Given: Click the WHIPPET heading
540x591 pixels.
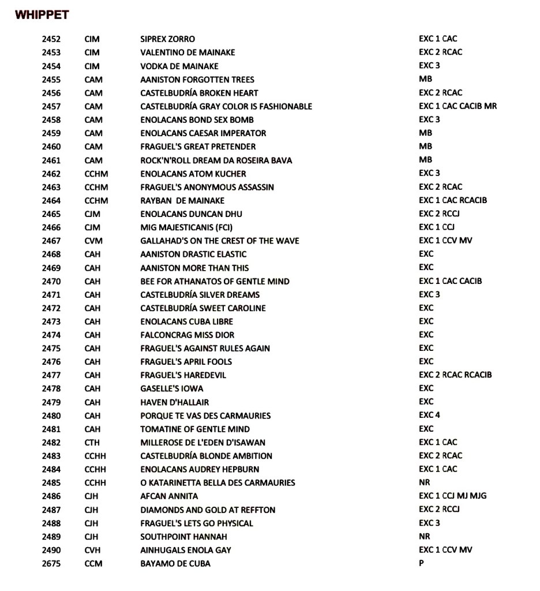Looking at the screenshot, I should coord(42,15).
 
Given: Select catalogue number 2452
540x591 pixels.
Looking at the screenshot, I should coord(51,39).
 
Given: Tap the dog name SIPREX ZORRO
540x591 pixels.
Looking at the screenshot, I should coord(167,39).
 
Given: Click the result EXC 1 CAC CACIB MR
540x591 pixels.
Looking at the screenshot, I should coord(457,106).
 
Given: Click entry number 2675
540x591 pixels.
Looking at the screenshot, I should coord(51,563).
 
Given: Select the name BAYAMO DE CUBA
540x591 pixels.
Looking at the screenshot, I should coord(175,563).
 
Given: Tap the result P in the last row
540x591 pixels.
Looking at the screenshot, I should coord(422,563).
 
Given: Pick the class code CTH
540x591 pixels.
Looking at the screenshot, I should coord(92,442).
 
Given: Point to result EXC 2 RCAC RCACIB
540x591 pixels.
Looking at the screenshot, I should coord(455,375).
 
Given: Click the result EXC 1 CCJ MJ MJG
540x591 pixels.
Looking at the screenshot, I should coord(453,496).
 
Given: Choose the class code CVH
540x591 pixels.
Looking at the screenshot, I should coord(92,550).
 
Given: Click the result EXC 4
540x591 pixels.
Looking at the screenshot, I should coord(429,415).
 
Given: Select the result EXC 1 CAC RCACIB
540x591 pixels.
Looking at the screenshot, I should coord(453,200).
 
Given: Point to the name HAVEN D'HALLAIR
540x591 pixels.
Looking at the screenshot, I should coord(174,402).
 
